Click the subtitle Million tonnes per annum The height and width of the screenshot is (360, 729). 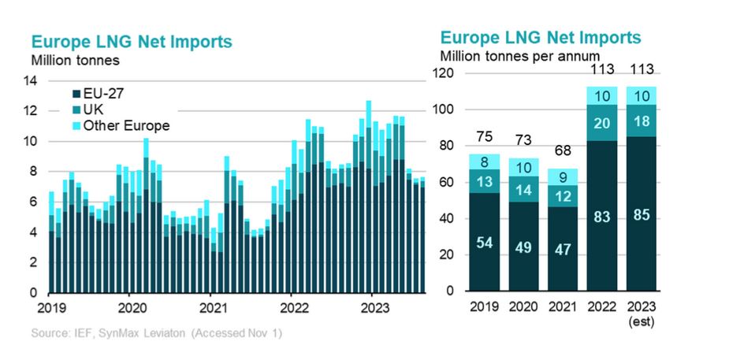click(520, 56)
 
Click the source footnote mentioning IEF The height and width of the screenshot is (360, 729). click(156, 334)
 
